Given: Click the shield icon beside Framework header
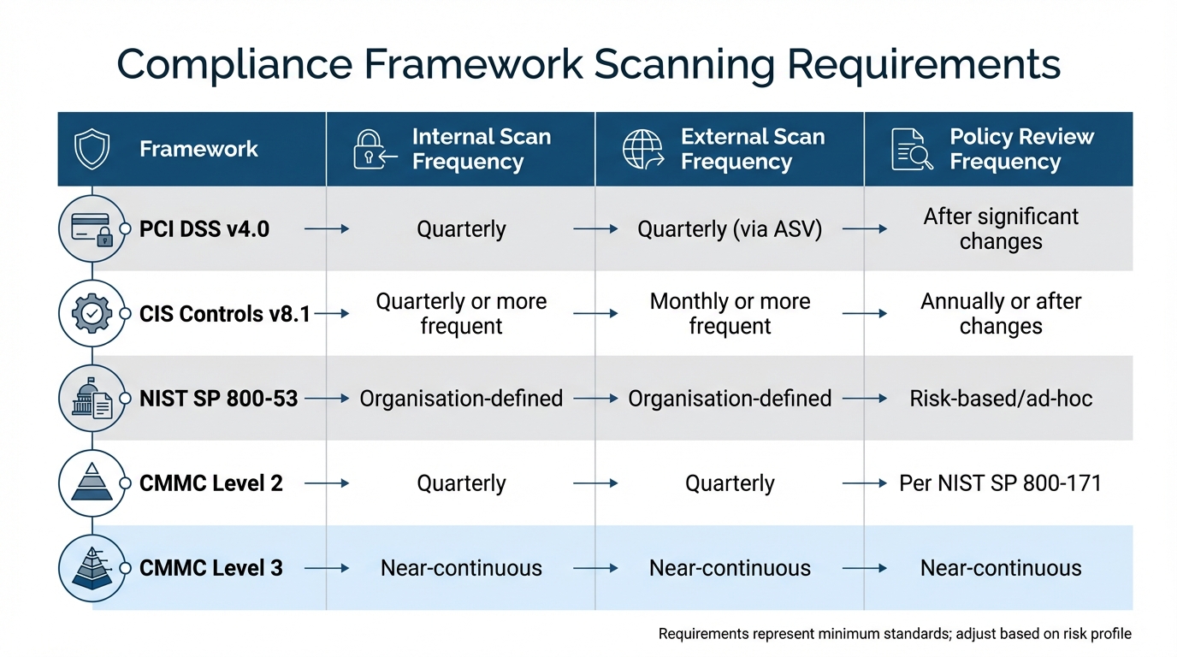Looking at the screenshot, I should pos(92,149).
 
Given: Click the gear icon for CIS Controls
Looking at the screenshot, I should pos(92,313).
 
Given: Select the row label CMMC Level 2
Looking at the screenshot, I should pos(210,483).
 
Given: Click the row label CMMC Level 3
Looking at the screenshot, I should pos(210,568).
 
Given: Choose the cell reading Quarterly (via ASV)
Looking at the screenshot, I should pos(730,229).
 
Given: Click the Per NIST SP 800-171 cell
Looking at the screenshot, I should pos(1000,483).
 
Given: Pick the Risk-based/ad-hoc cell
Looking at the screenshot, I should pos(1000,398).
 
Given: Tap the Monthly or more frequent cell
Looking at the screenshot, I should pos(730,313).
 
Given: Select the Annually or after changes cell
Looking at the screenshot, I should pos(1000,313).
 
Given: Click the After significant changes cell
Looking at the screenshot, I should pos(1000,228).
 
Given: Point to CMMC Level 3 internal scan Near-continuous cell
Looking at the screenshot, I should pos(461,568).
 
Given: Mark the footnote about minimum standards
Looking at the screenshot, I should pos(895,634).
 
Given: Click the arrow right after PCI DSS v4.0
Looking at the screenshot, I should pos(327,229).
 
